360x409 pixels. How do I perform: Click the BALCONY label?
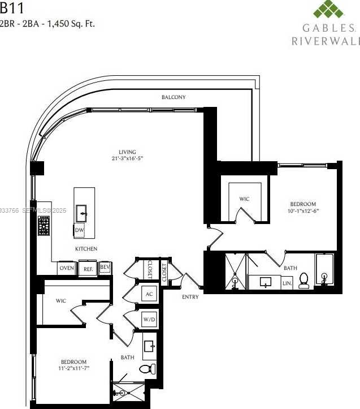(x=174, y=97)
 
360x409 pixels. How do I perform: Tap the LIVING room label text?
(x=127, y=152)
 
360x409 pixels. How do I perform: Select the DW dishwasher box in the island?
(x=80, y=230)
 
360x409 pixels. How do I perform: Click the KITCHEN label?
(x=86, y=249)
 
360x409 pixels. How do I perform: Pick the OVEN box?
(x=67, y=269)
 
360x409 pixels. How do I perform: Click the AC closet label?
(x=149, y=294)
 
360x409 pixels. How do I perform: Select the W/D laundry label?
(x=149, y=319)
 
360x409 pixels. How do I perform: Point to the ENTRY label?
(x=190, y=297)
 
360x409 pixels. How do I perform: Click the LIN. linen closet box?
(x=287, y=283)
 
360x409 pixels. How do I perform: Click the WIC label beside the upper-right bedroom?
(x=244, y=199)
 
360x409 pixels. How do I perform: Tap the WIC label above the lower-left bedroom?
(x=61, y=301)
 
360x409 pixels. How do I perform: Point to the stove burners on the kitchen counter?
(x=44, y=226)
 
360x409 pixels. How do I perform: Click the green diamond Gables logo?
(x=328, y=11)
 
